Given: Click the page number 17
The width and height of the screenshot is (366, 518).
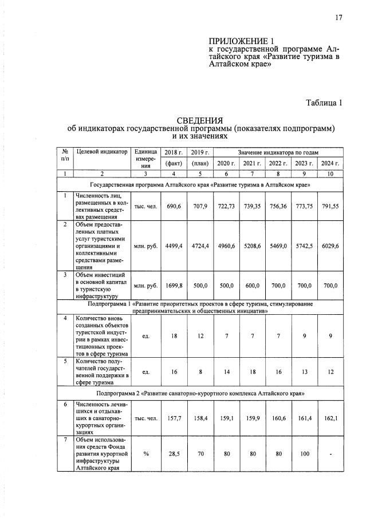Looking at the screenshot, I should point(339,18).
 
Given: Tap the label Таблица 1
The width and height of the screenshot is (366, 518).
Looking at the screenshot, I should point(324,103).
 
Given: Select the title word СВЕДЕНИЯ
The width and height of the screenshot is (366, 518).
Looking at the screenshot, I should point(199,121).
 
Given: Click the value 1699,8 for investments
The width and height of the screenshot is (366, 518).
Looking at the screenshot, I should point(173,284).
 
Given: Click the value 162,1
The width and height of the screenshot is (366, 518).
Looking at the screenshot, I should point(329,418).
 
